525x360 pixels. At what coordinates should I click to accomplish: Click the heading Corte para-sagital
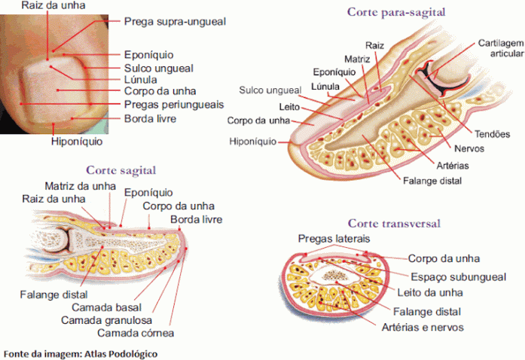395,12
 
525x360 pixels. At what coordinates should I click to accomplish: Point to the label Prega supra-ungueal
175,22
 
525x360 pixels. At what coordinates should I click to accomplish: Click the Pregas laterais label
334,239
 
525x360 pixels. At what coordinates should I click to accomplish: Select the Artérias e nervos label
423,327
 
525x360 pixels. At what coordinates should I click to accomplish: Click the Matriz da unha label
79,185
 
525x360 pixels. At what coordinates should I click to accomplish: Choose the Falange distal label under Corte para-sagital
432,181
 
